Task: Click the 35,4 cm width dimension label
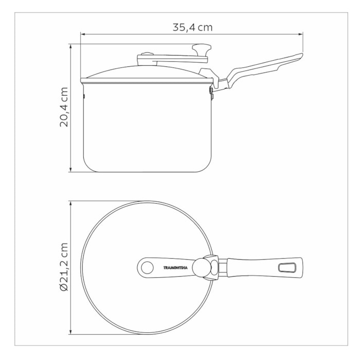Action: point(192,27)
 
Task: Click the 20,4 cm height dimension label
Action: point(64,107)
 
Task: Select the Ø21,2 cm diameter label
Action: point(64,267)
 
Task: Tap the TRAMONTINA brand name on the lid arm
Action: point(175,268)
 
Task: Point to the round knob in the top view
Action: point(202,268)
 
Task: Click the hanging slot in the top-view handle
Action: point(287,267)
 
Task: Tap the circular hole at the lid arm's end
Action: point(147,268)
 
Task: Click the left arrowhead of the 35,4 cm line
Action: point(83,34)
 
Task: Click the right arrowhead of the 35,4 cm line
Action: point(300,34)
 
